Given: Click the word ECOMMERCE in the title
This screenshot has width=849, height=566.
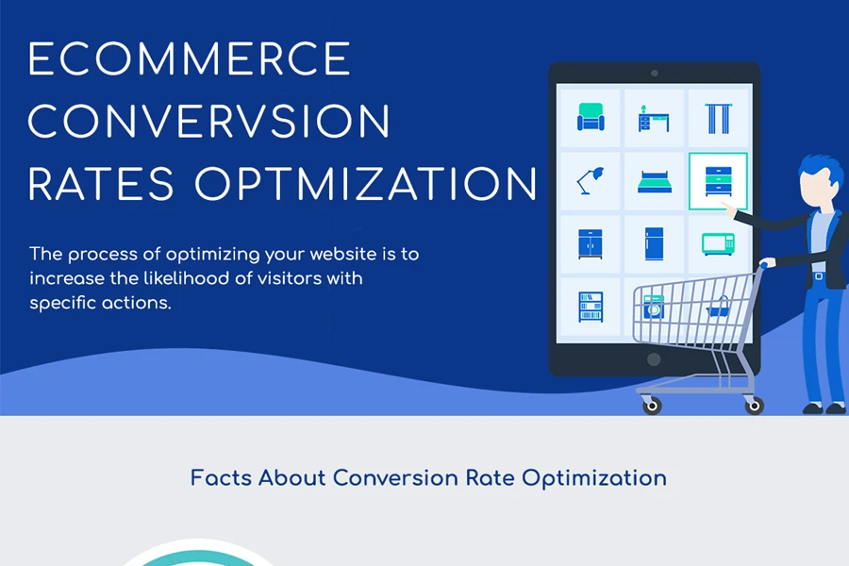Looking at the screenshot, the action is (190, 58).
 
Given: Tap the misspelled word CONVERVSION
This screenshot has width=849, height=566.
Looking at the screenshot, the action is (209, 122).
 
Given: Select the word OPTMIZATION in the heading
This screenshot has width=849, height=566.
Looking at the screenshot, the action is (366, 184).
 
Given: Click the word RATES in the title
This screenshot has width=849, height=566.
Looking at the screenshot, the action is (101, 184).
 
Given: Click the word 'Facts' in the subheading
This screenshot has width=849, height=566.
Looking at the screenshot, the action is (221, 477).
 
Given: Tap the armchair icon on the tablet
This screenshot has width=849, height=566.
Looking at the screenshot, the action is (591, 117).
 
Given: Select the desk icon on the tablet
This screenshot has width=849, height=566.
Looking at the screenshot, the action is (654, 119).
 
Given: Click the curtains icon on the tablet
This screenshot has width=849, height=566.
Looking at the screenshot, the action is (719, 118).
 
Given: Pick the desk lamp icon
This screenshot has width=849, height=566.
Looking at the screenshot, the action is (591, 181).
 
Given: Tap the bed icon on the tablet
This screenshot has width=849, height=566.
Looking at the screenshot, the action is (654, 182).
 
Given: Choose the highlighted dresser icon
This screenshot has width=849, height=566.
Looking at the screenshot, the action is (719, 181).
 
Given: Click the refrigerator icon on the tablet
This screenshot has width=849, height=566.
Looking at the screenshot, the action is (654, 243).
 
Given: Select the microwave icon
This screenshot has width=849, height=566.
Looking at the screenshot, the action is (719, 243).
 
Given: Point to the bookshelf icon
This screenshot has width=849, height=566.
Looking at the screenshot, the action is (591, 308).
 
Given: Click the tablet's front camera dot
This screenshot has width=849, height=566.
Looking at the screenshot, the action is (654, 74).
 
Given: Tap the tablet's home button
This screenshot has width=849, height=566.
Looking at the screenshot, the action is (654, 359).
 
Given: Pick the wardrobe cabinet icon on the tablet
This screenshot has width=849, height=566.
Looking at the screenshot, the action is (591, 243).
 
